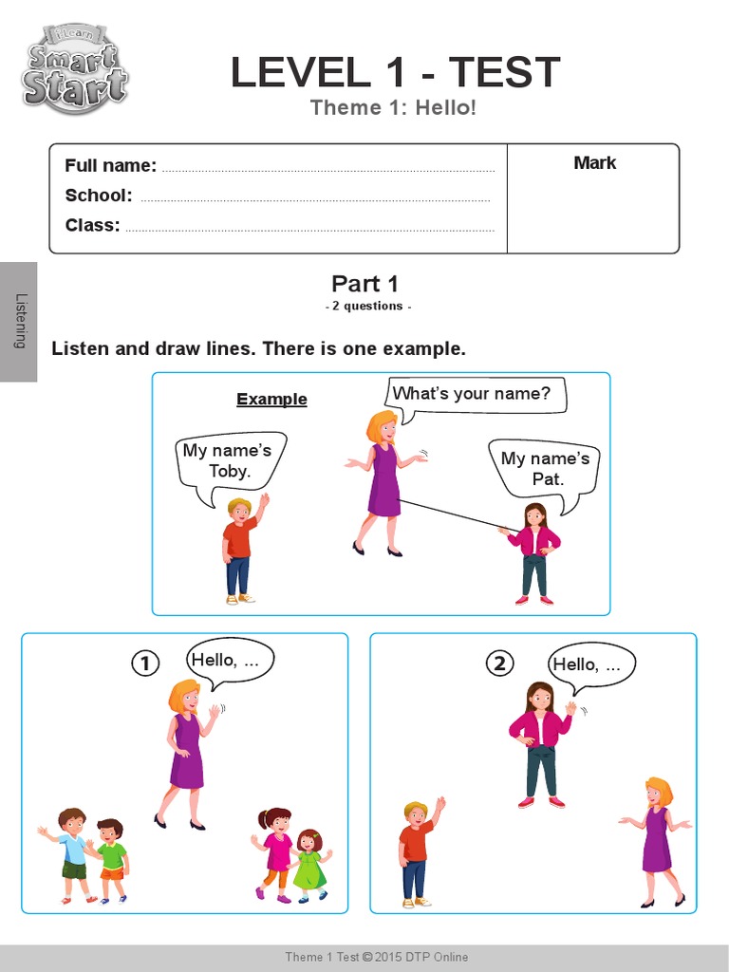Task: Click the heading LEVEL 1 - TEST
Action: click(x=395, y=73)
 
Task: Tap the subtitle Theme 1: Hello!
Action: click(x=393, y=108)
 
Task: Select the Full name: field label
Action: click(x=110, y=165)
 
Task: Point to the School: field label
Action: click(x=98, y=196)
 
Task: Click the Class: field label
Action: click(x=92, y=225)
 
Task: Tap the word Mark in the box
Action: click(x=594, y=163)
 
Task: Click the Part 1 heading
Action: click(x=364, y=283)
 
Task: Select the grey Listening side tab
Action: click(x=19, y=322)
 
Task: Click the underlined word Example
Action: click(x=271, y=400)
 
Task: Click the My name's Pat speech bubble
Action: click(x=545, y=469)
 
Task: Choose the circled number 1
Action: click(x=144, y=664)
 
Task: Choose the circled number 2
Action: click(x=499, y=664)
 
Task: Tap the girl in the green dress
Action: click(x=309, y=864)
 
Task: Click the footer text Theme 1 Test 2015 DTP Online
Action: click(x=377, y=957)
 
